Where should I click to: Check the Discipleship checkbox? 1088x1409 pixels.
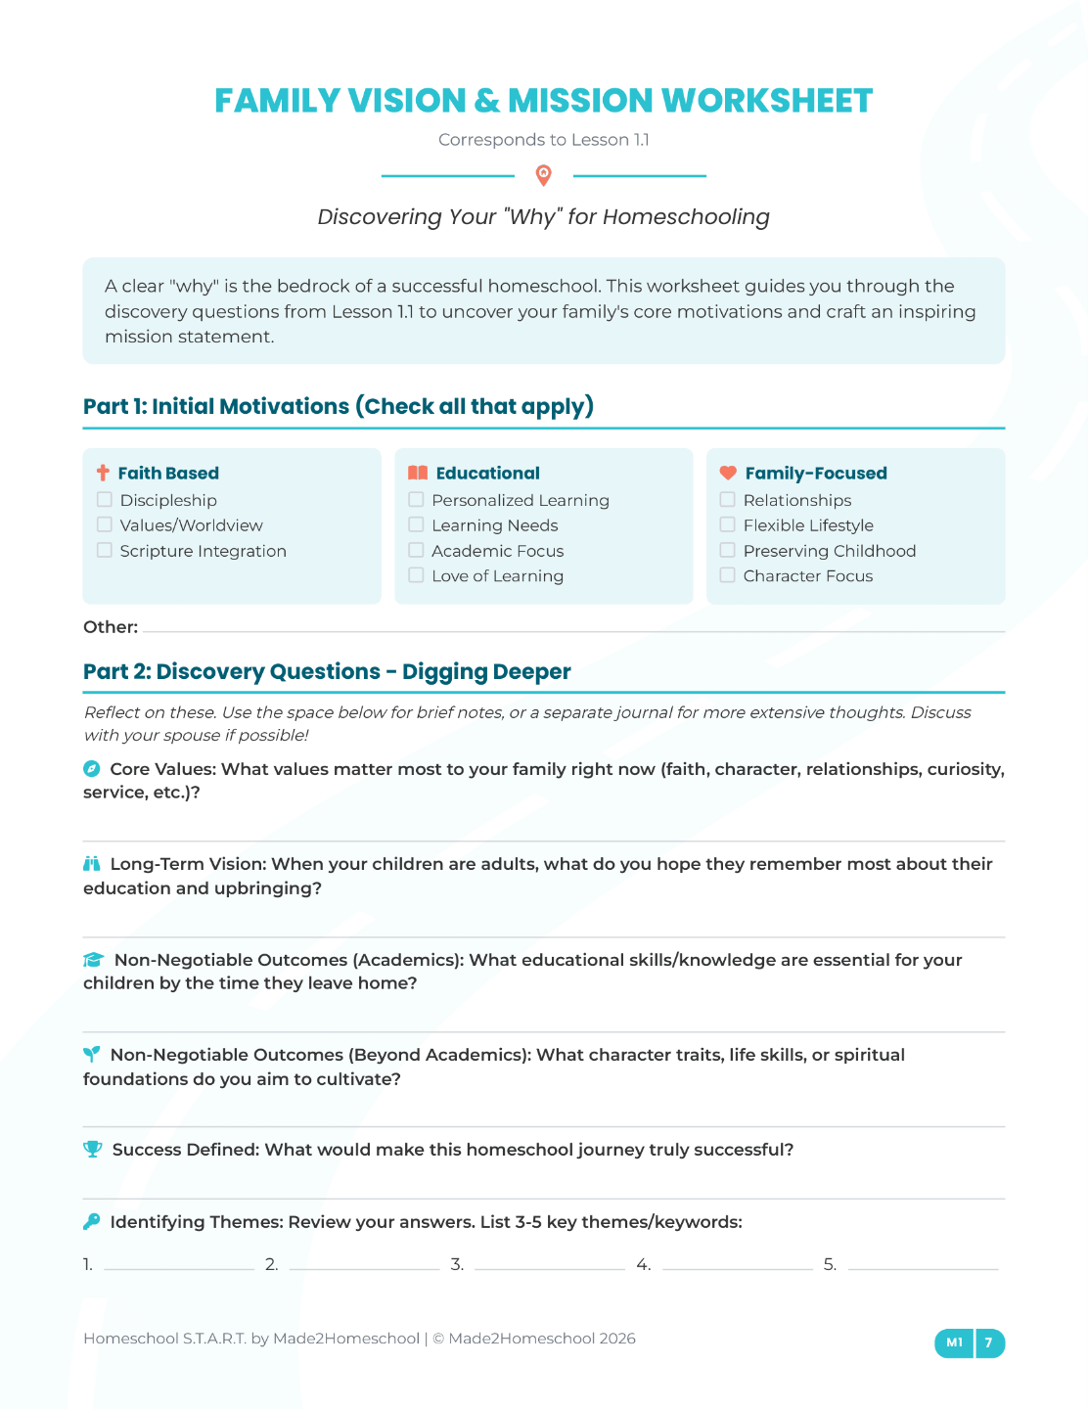[105, 500]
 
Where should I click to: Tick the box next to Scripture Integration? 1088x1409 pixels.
[105, 551]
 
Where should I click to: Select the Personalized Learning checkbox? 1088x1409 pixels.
[416, 500]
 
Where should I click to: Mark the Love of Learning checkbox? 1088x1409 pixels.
[416, 575]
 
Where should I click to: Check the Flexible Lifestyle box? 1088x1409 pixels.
[727, 525]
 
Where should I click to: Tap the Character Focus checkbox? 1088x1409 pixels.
[727, 575]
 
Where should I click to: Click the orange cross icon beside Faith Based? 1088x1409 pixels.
[103, 473]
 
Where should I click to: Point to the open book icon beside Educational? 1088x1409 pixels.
[418, 473]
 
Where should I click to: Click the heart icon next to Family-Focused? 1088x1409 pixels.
[728, 473]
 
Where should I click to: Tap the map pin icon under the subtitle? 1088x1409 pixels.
[544, 175]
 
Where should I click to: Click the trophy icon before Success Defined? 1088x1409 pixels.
[93, 1149]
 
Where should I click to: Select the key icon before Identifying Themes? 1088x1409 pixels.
[92, 1221]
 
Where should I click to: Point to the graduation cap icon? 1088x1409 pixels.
[94, 960]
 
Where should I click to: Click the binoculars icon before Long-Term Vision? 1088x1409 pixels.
[92, 864]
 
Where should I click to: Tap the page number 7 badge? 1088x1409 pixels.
[989, 1342]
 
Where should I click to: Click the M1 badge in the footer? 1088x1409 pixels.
[955, 1342]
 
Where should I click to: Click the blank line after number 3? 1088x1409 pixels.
[550, 1264]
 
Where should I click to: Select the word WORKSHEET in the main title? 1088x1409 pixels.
[767, 101]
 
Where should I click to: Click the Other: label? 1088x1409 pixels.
[111, 627]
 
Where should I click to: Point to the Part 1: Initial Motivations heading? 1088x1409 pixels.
[339, 406]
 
